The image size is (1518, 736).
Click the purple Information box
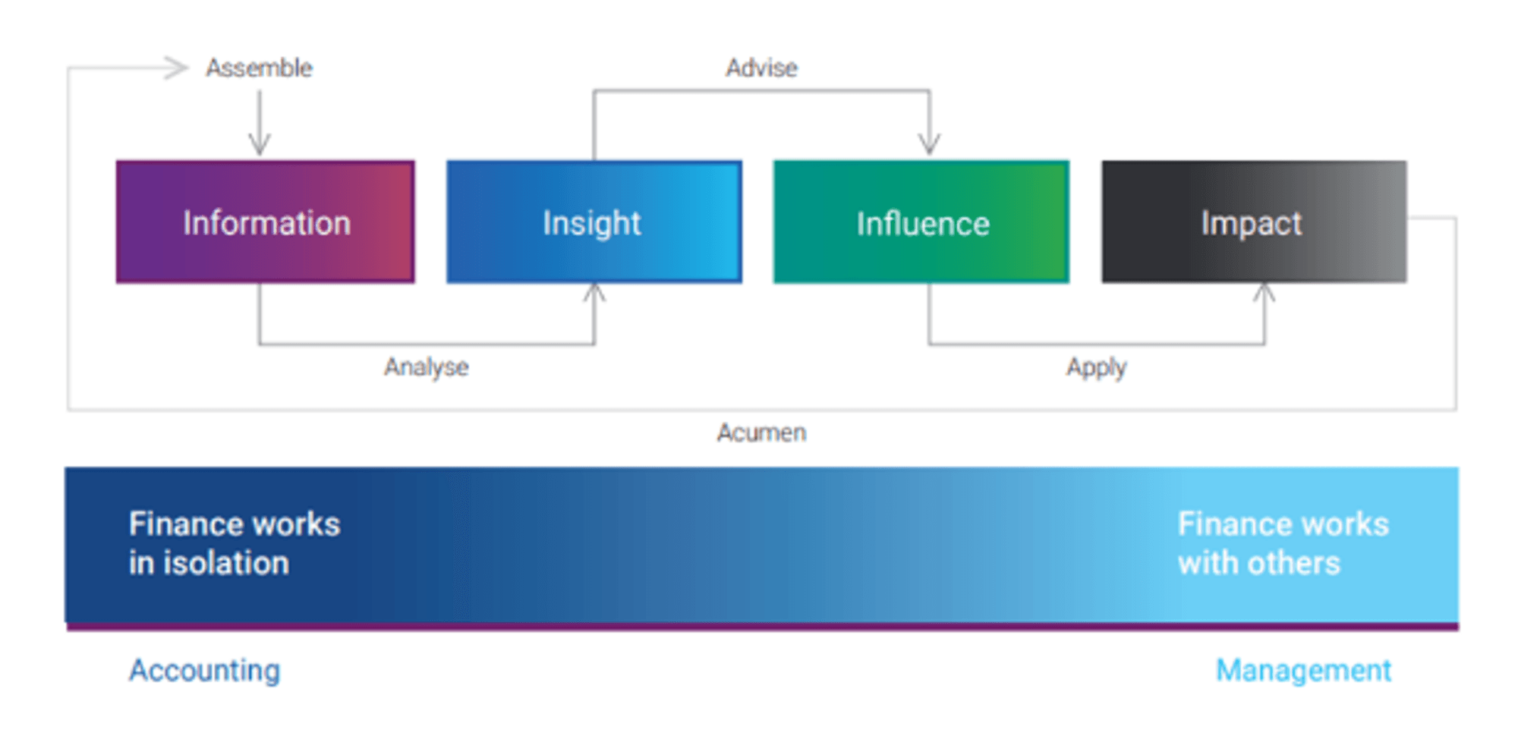coord(266,222)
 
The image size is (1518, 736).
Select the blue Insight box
coord(594,222)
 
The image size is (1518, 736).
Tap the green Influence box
coord(921,222)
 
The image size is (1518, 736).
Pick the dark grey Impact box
coord(1254,222)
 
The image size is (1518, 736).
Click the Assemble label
coord(259,68)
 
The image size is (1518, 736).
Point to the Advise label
coord(761,68)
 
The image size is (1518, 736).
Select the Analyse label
coord(426,367)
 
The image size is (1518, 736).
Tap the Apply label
coord(1096,368)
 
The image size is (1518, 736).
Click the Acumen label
coord(761,432)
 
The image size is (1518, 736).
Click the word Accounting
coord(204,671)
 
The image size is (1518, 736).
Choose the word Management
coord(1303,671)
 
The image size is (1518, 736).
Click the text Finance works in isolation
coord(235,543)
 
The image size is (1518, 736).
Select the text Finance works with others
coord(1283,543)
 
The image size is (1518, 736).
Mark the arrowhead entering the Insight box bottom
coord(594,293)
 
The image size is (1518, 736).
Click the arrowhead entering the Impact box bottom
coord(1264,293)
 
